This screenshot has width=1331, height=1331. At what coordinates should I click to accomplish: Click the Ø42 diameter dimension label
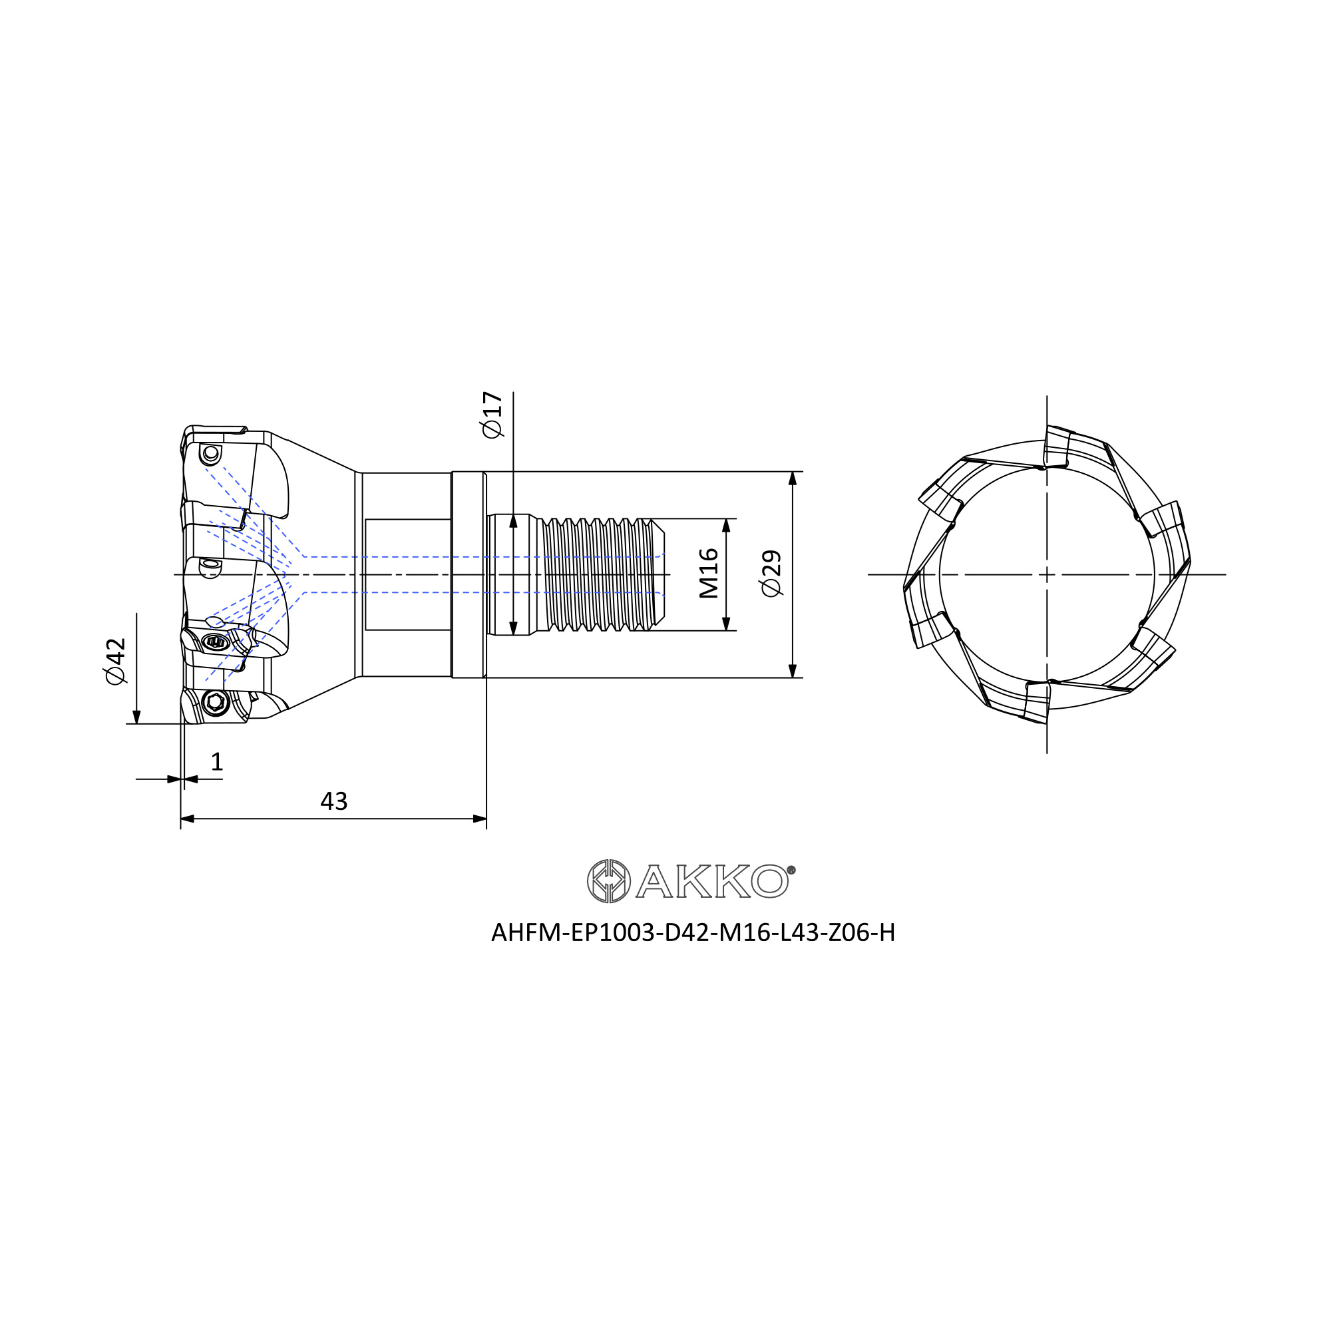[x=116, y=662]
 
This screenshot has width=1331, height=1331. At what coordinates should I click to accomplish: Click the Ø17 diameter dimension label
[x=492, y=415]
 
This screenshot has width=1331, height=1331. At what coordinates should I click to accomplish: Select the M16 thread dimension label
[x=708, y=574]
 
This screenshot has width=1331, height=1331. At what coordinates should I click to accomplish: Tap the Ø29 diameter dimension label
[x=771, y=574]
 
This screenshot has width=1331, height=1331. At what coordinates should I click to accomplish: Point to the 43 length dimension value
[x=334, y=801]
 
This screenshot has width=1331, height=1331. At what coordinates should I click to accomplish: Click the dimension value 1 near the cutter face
[x=217, y=762]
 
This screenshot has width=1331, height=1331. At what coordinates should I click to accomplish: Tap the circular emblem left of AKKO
[x=608, y=881]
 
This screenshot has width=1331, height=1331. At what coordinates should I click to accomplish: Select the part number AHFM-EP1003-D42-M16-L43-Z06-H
[x=693, y=933]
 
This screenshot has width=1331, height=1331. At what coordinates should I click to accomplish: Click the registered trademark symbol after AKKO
[x=791, y=869]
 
